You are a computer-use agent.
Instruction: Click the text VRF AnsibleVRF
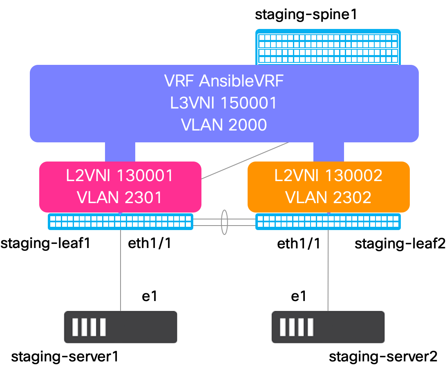[223, 81]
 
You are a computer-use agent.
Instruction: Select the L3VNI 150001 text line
[223, 103]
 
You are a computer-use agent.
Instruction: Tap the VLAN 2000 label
[223, 125]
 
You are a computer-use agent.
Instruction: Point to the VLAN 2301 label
[120, 197]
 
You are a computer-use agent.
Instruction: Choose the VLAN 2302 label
[328, 197]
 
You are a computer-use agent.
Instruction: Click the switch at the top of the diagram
[328, 47]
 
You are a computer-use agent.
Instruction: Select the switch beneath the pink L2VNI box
[121, 221]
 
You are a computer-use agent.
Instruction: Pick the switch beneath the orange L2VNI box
[328, 221]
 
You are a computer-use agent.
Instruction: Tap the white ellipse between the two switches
[224, 222]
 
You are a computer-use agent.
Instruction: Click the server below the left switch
[120, 327]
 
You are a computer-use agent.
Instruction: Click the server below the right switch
[328, 327]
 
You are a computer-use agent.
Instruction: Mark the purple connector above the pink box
[120, 152]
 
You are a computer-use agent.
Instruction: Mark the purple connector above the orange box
[329, 152]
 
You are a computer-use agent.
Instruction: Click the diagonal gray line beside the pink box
[245, 161]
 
